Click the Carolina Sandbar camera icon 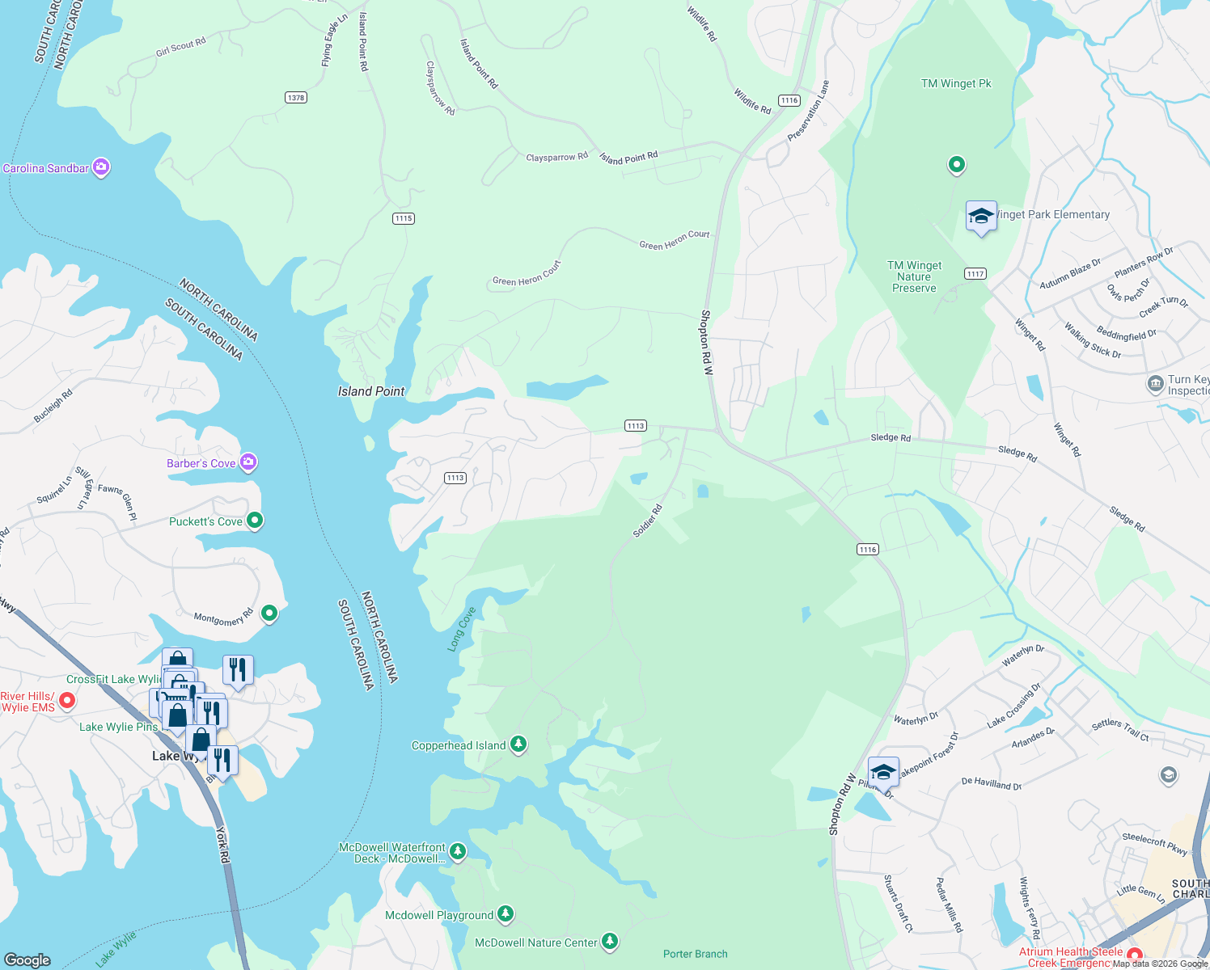point(101,167)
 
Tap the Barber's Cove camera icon point(248,462)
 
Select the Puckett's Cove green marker point(255,521)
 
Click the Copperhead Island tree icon point(518,744)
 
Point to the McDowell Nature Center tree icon point(610,942)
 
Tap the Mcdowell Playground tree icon point(506,914)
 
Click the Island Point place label point(371,391)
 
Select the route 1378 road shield point(296,98)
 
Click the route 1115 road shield point(404,218)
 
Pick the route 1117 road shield point(975,273)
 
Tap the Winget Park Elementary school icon point(981,217)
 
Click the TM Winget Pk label point(956,83)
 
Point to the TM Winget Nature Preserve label point(914,276)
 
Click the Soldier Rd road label point(648,521)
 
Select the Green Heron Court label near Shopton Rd point(675,240)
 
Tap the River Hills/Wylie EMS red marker point(67,701)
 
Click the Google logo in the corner point(27,959)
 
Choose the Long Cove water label point(462,629)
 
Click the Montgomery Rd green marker point(270,614)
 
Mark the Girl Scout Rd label point(181,48)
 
